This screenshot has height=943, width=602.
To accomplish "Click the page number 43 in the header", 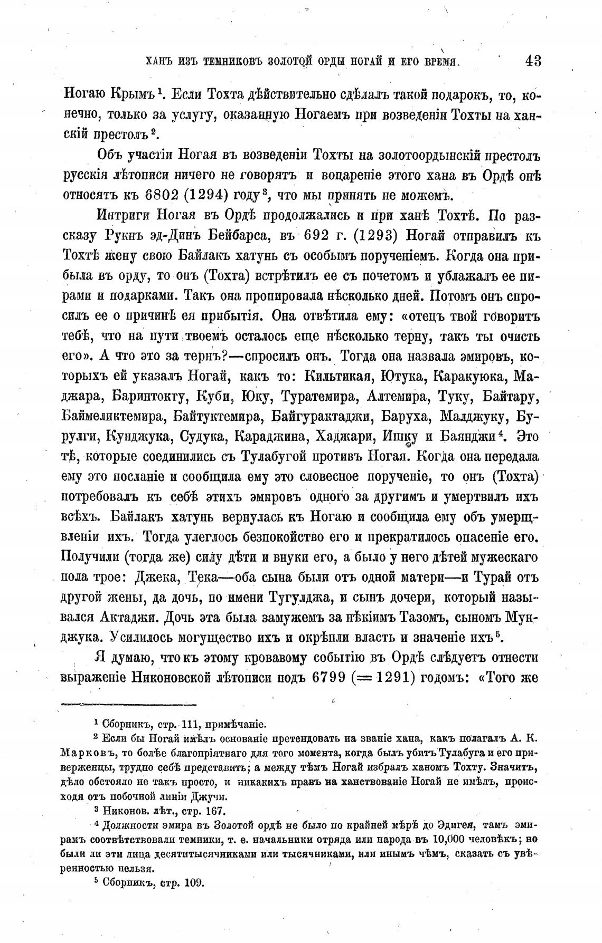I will click(x=533, y=61).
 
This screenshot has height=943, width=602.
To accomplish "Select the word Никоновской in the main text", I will click(x=187, y=678).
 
